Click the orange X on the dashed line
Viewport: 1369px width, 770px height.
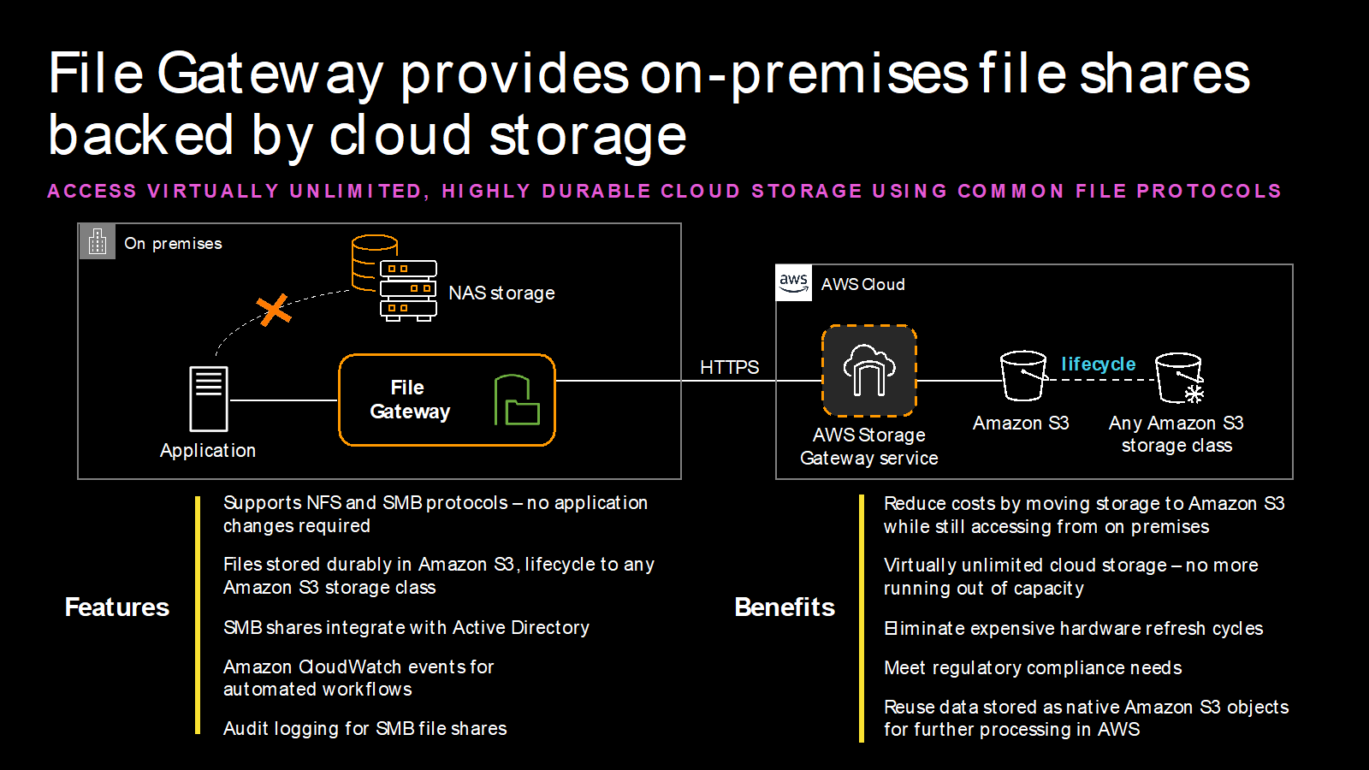click(274, 310)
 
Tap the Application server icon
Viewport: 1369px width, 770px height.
click(208, 399)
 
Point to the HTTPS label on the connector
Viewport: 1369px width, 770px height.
click(729, 367)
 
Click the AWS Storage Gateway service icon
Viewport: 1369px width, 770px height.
click(868, 370)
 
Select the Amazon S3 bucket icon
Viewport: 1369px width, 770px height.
click(1023, 376)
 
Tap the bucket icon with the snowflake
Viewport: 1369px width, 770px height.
click(1180, 377)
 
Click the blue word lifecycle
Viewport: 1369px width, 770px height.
click(1098, 364)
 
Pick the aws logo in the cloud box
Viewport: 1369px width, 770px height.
click(793, 283)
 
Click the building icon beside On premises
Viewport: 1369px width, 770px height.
click(98, 242)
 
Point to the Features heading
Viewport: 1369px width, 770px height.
click(117, 607)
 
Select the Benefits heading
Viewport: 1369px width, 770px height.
click(785, 607)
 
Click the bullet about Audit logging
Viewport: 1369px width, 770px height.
click(364, 728)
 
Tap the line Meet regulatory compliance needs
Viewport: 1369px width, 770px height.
click(1033, 667)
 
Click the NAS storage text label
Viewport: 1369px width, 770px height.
click(501, 293)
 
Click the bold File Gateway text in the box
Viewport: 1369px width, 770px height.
click(409, 400)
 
